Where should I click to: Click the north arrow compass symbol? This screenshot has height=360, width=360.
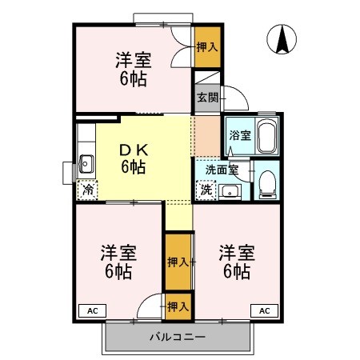pyautogui.click(x=282, y=39)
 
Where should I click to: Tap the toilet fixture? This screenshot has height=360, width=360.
pyautogui.click(x=267, y=185)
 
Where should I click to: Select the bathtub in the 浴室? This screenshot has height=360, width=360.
pyautogui.click(x=266, y=136)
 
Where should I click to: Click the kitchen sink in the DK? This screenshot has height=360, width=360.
pyautogui.click(x=86, y=164)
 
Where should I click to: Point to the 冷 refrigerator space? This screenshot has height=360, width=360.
pyautogui.click(x=87, y=190)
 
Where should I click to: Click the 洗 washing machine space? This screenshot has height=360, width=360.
pyautogui.click(x=206, y=190)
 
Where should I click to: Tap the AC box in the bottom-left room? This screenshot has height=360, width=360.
pyautogui.click(x=93, y=310)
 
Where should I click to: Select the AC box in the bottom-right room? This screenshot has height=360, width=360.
pyautogui.click(x=264, y=310)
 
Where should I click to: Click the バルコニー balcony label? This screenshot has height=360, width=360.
pyautogui.click(x=178, y=337)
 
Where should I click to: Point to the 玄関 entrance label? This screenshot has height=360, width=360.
pyautogui.click(x=207, y=98)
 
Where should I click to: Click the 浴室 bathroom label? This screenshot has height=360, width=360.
pyautogui.click(x=240, y=135)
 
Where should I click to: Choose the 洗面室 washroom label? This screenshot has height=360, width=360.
pyautogui.click(x=222, y=170)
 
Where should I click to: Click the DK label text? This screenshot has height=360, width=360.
pyautogui.click(x=134, y=150)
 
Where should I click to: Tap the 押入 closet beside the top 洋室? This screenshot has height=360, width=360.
pyautogui.click(x=207, y=47)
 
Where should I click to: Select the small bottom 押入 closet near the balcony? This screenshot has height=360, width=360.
pyautogui.click(x=178, y=306)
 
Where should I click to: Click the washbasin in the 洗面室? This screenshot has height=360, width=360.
pyautogui.click(x=230, y=192)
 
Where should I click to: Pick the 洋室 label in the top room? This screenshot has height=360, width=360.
pyautogui.click(x=134, y=60)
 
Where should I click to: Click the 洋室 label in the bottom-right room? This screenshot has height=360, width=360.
pyautogui.click(x=237, y=253)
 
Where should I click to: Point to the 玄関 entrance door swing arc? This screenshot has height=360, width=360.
pyautogui.click(x=242, y=94)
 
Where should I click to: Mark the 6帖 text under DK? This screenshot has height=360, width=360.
pyautogui.click(x=134, y=167)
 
